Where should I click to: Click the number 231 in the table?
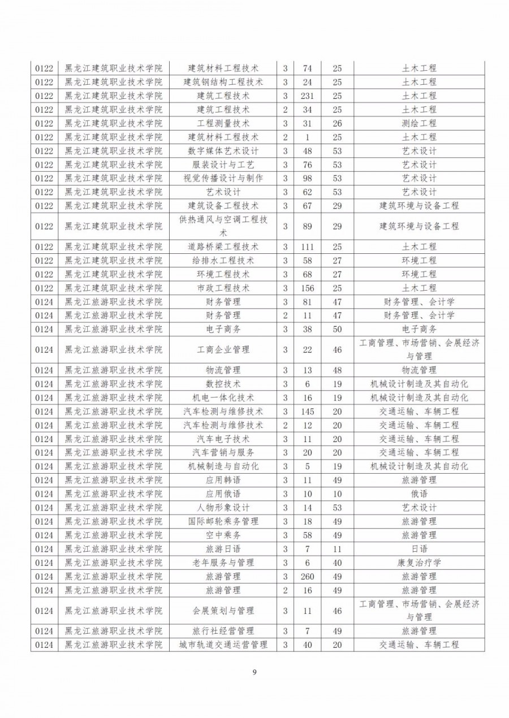[x=308, y=96]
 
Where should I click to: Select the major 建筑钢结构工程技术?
[x=223, y=82]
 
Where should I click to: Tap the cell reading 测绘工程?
[x=419, y=123]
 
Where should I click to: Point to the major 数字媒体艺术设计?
[x=223, y=151]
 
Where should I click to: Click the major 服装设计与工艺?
[x=223, y=165]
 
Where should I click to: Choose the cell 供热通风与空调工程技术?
[x=223, y=226]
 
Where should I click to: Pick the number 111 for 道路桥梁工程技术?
[x=308, y=246]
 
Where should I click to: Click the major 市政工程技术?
[x=223, y=288]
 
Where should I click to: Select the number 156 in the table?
[x=308, y=288]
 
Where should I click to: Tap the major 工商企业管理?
[x=223, y=350]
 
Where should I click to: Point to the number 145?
[x=308, y=412]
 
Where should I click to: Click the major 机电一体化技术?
[x=223, y=397]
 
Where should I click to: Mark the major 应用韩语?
[x=223, y=480]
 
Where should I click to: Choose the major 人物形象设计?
[x=223, y=508]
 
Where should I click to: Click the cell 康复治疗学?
[x=419, y=563]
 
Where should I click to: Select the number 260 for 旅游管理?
[x=308, y=577]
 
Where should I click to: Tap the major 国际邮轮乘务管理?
[x=223, y=521]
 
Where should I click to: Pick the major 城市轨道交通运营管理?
[x=223, y=645]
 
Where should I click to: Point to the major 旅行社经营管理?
[x=223, y=631]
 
